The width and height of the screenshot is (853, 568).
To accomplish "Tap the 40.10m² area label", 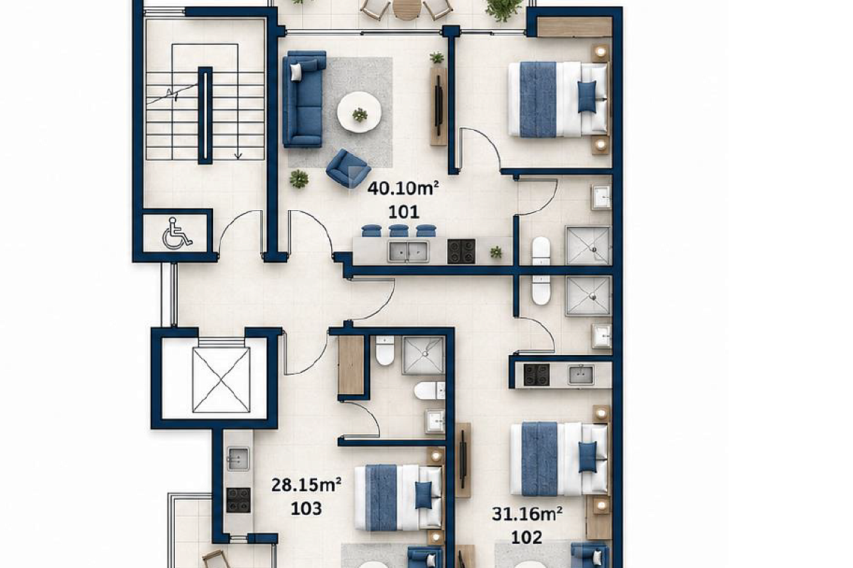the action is tap(403, 188).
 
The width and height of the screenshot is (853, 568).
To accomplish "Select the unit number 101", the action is tap(404, 212).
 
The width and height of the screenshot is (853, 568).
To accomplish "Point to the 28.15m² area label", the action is tap(306, 485).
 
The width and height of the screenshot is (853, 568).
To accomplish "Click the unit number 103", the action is tap(306, 508).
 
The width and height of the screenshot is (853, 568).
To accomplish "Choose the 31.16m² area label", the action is tap(527, 514).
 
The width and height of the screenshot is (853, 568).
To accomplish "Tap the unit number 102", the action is tap(527, 537).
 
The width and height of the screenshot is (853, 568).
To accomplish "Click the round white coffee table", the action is tap(359, 113).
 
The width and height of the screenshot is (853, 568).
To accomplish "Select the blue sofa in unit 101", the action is tap(304, 99).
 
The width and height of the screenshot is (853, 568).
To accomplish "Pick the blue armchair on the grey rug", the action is tap(348, 168).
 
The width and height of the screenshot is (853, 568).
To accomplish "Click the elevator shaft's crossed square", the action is tap(221, 380).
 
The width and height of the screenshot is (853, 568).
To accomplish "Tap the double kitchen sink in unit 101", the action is tap(409, 251).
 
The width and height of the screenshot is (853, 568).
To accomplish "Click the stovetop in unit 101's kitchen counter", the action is tap(461, 251).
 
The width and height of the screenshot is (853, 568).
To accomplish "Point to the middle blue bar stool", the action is tap(399, 231).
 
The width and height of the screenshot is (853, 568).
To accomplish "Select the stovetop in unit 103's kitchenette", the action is tap(238, 500).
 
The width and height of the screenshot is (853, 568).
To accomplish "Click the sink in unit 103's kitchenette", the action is tap(238, 459).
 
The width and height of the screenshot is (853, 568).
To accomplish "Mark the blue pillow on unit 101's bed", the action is tap(587, 97).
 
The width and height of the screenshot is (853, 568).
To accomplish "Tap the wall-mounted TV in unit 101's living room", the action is tap(439, 105).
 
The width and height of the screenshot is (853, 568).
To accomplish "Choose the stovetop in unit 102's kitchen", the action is tap(536, 375).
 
